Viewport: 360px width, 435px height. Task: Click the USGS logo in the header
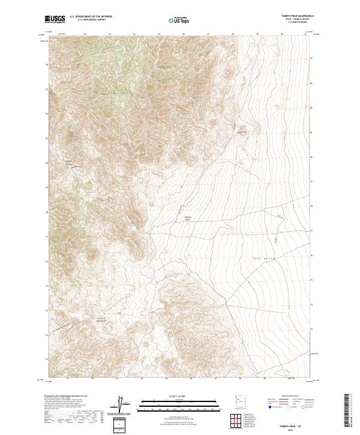tap(55, 19)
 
